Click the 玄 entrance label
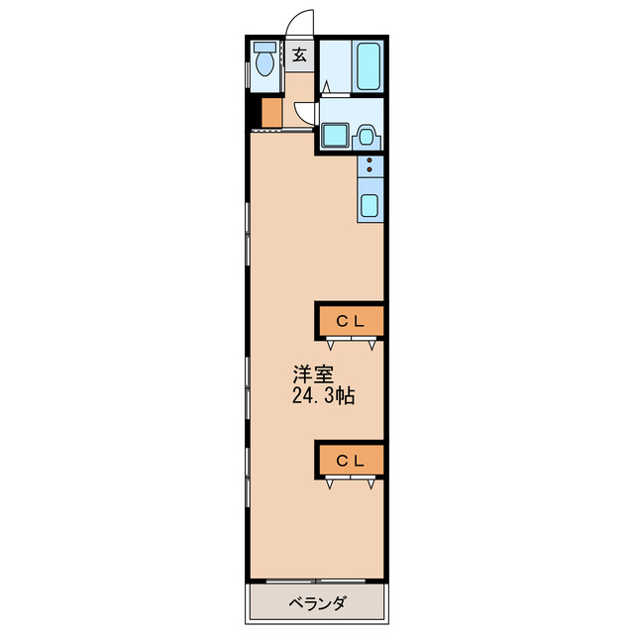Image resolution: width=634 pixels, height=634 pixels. coord(299,55)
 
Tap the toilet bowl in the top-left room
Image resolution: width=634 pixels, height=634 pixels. coord(265,63)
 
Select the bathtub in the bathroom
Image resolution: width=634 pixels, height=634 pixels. coord(368,66)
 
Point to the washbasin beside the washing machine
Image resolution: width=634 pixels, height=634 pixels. coord(367,138)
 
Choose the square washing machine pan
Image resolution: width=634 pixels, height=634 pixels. coord(335,135)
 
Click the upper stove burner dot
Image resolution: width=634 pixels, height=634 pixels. coord(370,160)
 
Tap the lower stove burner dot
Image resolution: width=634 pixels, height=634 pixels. coord(370,169)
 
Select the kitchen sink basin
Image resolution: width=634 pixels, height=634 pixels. coord(370,206)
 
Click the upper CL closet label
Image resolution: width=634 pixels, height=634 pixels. coord(351,321)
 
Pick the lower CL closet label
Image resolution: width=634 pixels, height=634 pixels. coord(351,461)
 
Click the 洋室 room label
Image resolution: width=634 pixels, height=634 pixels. coord(313,374)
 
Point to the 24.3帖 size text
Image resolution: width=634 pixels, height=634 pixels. coord(324,396)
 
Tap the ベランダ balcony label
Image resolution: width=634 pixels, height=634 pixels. coord(317,603)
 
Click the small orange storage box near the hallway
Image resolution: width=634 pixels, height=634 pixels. coord(271,112)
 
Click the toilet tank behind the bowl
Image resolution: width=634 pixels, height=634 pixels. coord(264,48)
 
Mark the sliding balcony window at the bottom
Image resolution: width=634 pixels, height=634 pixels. coord(316,581)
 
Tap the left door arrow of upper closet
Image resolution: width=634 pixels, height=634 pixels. coord(331,345)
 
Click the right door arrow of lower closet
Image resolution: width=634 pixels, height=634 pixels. coord(370,484)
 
